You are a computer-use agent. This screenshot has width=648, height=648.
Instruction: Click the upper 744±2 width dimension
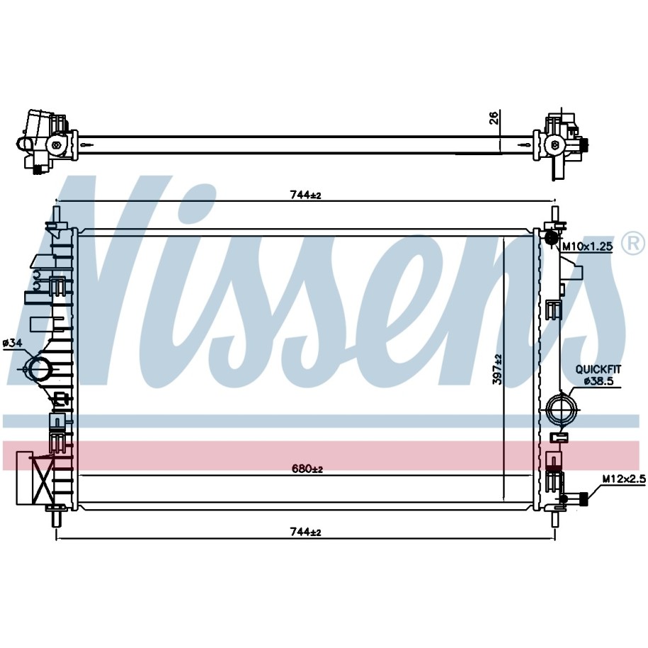click(x=305, y=195)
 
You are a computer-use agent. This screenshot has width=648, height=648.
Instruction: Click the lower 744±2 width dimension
click(x=305, y=532)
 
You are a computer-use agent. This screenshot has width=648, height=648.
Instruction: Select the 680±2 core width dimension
click(x=307, y=469)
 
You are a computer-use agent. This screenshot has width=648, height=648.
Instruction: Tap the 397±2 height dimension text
click(x=497, y=370)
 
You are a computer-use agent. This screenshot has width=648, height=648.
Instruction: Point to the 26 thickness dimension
click(x=494, y=118)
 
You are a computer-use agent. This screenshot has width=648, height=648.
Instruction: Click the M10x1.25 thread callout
click(x=587, y=246)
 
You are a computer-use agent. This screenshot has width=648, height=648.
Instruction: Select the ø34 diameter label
click(x=12, y=343)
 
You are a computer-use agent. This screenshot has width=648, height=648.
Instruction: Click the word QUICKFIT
click(x=598, y=369)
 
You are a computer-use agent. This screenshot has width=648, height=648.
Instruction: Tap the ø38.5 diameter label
click(x=598, y=382)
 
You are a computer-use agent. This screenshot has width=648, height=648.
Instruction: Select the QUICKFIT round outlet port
click(x=560, y=409)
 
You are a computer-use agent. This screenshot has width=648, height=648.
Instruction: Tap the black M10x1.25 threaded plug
click(x=551, y=238)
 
